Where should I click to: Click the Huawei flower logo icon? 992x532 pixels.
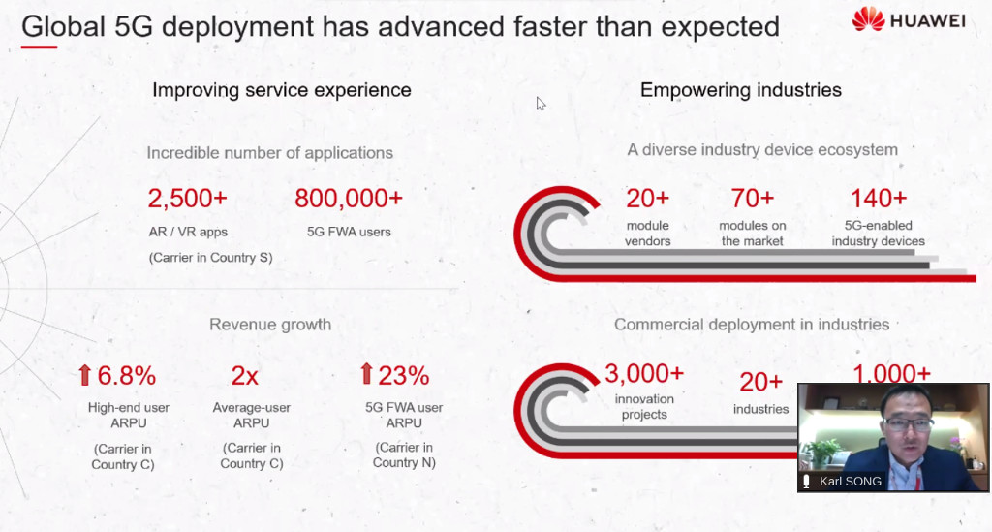(868, 19)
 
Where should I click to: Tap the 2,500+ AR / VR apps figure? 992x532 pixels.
(187, 199)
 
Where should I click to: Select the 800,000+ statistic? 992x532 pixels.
(349, 199)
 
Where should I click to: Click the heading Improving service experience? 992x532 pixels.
(282, 90)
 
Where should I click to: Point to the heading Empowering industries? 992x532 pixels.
(741, 90)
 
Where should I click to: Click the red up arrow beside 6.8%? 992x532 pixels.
(85, 375)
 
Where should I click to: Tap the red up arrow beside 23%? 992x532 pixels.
(366, 374)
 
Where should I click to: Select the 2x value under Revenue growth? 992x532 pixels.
(244, 376)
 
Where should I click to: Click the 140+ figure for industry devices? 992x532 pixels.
(878, 199)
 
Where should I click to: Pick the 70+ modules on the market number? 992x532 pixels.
(752, 199)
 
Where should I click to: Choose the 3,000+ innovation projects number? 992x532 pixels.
(644, 373)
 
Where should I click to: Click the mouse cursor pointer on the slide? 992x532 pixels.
(541, 104)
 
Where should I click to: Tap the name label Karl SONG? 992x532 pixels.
(851, 482)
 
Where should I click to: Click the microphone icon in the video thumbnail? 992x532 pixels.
(806, 482)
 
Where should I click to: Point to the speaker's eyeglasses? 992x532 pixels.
(908, 422)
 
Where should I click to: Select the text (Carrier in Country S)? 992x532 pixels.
(210, 258)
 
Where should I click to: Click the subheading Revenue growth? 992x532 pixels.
(270, 325)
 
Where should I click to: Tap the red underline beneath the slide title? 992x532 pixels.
(39, 47)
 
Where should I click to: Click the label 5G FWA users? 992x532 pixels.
(349, 232)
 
